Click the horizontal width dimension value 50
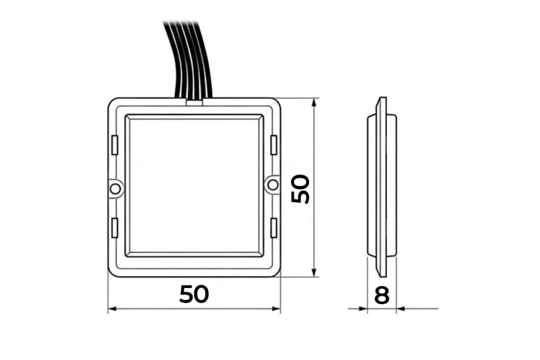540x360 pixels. point(194,294)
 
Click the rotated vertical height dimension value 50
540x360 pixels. point(300,189)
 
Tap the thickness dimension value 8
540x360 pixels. point(382,295)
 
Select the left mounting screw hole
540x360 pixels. point(115,189)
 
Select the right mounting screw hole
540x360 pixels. point(273,185)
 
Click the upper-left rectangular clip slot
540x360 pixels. point(115,145)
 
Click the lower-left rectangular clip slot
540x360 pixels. point(115,228)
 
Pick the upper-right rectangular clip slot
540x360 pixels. point(274,145)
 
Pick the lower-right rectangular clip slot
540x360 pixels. point(274,228)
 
